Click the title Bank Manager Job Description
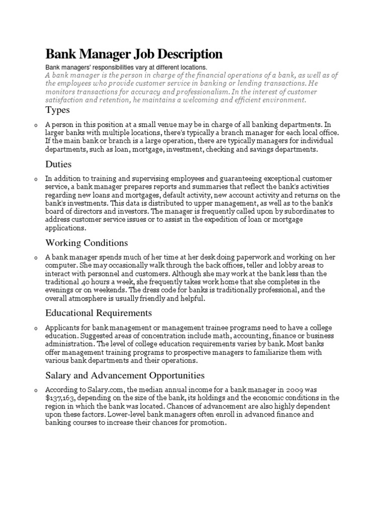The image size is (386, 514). pos(134,54)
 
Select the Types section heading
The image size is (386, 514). pos(57,110)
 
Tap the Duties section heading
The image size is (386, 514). pos(58,164)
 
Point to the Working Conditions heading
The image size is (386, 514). pos(86,243)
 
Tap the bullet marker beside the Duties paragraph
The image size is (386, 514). pos(36,179)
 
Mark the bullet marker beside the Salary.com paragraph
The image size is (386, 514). pos(36,390)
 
